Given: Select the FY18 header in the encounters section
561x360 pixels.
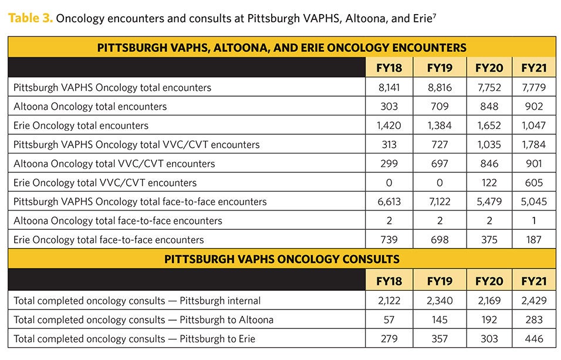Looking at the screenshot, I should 388,67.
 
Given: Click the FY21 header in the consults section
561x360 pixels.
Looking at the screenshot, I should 533,281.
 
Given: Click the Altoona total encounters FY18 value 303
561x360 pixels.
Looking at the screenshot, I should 388,106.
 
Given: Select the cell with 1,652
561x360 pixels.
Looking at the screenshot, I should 489,125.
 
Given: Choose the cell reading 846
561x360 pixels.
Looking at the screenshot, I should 489,164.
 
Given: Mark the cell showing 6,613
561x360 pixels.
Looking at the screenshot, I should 388,202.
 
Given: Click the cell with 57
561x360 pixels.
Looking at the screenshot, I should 388,320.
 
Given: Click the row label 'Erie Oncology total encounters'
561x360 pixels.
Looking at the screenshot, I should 81,125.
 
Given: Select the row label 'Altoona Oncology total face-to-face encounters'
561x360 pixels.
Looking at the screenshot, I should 117,220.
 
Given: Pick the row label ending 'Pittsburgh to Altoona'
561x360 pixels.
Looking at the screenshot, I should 143,320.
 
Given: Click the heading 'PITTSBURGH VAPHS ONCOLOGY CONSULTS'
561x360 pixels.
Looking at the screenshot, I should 282,259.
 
